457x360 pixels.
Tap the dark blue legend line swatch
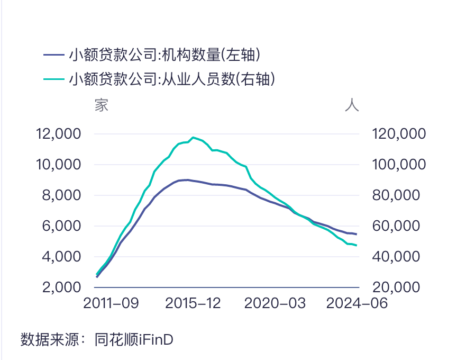tap(53, 55)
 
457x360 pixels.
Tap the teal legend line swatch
tap(53, 79)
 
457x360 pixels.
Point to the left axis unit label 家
tap(101, 105)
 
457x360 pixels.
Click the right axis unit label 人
tap(352, 105)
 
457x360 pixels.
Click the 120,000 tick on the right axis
tap(399, 134)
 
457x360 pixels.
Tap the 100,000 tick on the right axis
tap(399, 165)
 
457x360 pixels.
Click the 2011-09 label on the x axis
tap(111, 303)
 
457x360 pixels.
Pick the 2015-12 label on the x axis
tap(193, 303)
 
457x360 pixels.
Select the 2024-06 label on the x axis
tap(356, 303)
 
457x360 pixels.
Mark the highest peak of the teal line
tap(194, 137)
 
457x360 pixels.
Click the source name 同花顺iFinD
tap(134, 339)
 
